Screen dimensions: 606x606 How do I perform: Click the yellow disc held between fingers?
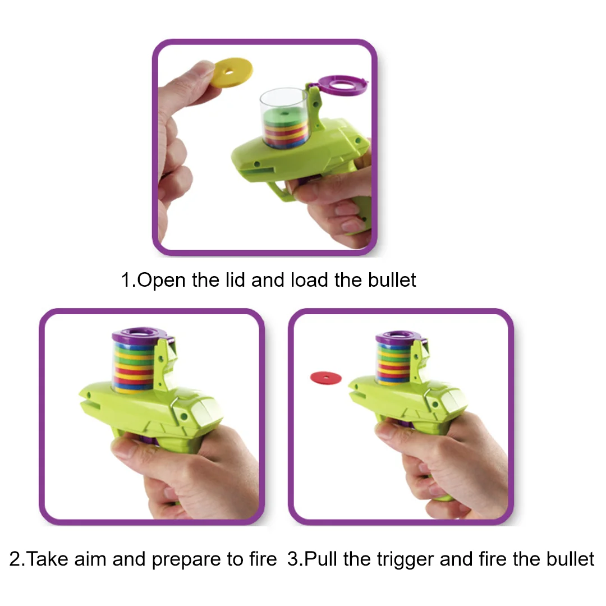coord(231,71)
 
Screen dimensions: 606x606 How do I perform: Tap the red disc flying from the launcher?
coord(325,378)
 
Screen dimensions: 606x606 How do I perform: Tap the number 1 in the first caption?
coord(126,279)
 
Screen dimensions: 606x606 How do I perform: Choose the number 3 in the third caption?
coord(292,559)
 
